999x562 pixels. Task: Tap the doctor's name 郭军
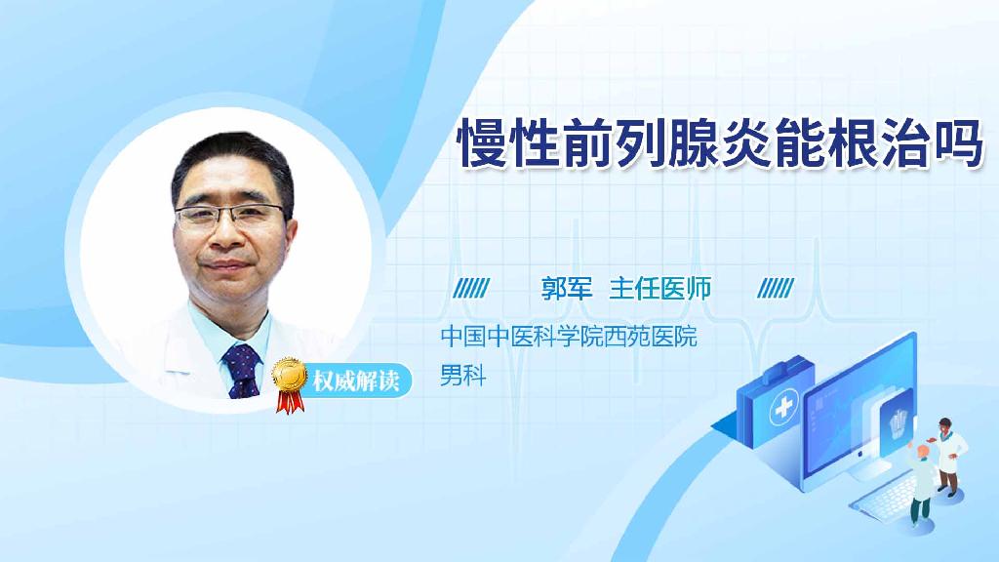tap(567, 288)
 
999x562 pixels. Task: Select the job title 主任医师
tap(660, 288)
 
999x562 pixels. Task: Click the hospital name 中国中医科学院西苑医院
tap(569, 339)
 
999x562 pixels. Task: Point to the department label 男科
tap(462, 374)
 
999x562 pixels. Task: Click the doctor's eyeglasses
tap(233, 216)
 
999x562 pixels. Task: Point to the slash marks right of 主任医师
tap(776, 288)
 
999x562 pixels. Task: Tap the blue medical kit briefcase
tap(776, 415)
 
